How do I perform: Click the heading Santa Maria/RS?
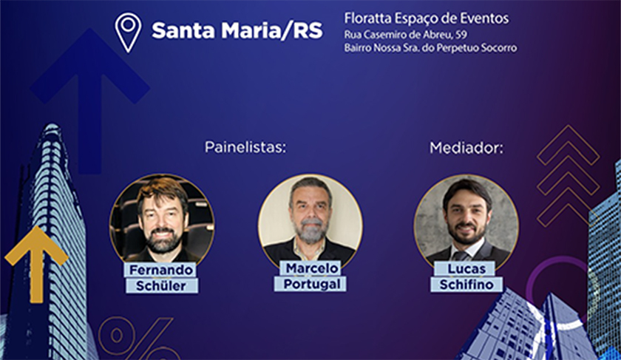pos(237,30)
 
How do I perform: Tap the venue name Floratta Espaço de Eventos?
pos(427,18)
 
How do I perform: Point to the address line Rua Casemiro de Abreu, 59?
pos(406,35)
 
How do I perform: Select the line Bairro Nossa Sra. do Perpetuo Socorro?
pos(430,48)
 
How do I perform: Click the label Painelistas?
pos(245,147)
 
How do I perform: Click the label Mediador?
pos(466,148)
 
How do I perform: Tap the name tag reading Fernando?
pos(161,270)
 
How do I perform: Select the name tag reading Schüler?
pos(161,285)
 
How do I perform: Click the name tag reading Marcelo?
pos(312,268)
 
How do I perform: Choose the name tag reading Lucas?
pos(466,268)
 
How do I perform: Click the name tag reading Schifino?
pos(466,285)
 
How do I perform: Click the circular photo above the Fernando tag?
pos(162,219)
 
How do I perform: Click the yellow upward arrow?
pos(36,262)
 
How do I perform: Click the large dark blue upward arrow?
pos(90,99)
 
